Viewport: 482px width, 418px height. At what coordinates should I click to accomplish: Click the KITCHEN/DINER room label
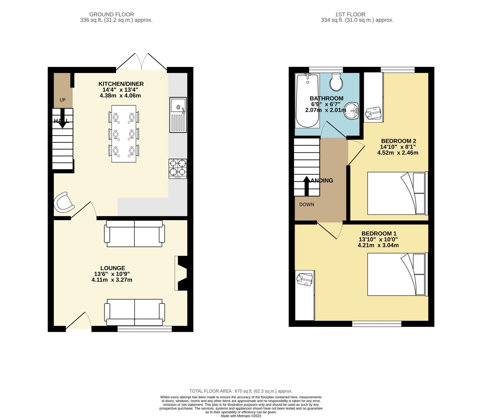(x=121, y=84)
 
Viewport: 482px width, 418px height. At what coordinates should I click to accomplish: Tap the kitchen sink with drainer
(x=178, y=115)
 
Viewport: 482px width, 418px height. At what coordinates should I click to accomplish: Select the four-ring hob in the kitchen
(x=178, y=168)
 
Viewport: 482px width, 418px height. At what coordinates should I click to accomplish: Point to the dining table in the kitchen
(x=124, y=134)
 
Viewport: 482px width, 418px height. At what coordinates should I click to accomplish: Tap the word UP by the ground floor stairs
(x=62, y=100)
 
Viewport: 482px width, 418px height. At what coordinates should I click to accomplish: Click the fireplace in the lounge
(x=182, y=273)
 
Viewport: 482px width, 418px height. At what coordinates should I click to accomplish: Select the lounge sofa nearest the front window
(x=134, y=312)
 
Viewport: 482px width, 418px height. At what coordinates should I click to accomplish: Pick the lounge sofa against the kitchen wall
(x=134, y=234)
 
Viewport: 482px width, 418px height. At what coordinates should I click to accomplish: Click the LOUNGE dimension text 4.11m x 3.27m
(x=112, y=280)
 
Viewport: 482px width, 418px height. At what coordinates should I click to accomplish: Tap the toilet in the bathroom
(x=336, y=82)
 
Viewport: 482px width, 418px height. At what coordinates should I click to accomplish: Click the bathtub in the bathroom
(x=307, y=101)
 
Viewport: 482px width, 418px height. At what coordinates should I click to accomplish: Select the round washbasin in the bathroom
(x=351, y=111)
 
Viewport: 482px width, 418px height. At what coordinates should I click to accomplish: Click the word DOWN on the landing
(x=306, y=204)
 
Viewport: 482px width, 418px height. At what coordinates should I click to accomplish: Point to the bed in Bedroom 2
(x=397, y=193)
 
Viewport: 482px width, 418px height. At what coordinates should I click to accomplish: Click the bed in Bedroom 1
(x=397, y=274)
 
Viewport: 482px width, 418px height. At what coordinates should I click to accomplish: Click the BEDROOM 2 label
(x=398, y=141)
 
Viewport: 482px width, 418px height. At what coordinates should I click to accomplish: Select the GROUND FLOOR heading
(x=111, y=14)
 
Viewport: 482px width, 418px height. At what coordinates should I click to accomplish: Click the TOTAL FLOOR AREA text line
(x=241, y=391)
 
